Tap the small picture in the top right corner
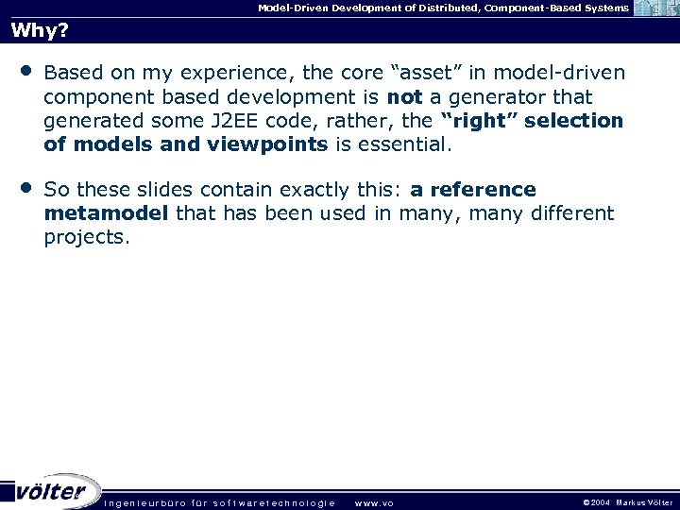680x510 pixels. [x=655, y=8]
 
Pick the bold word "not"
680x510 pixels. [x=404, y=97]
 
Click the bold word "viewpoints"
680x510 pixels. [x=275, y=145]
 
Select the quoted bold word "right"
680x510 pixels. [x=481, y=121]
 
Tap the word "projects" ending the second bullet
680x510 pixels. [x=86, y=237]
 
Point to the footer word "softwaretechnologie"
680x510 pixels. [x=274, y=502]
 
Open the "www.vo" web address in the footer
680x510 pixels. [x=373, y=502]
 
